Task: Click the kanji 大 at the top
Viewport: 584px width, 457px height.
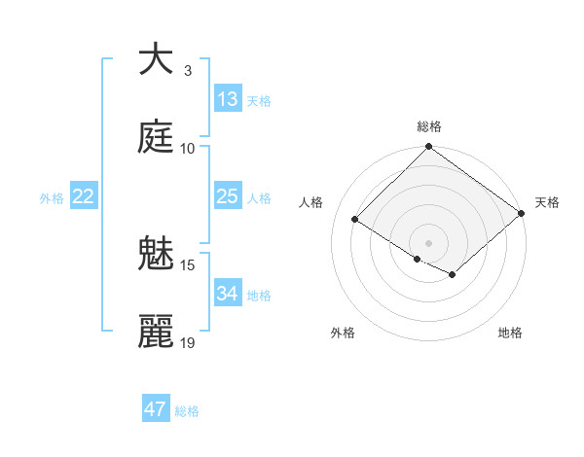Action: pyautogui.click(x=156, y=59)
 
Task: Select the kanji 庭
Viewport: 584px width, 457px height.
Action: pyautogui.click(x=156, y=137)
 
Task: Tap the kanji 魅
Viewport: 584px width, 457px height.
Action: pyautogui.click(x=156, y=254)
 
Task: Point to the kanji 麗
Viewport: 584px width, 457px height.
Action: pyautogui.click(x=156, y=332)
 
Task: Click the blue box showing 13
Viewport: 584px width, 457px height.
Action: pyautogui.click(x=228, y=99)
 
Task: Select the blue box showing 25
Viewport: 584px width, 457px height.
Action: pyautogui.click(x=228, y=196)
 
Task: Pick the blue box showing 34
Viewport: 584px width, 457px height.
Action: pyautogui.click(x=228, y=294)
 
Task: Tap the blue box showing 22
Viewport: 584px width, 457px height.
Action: pyautogui.click(x=84, y=196)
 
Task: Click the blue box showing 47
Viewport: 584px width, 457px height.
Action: pyautogui.click(x=156, y=409)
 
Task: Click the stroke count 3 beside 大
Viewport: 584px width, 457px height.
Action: pyautogui.click(x=188, y=70)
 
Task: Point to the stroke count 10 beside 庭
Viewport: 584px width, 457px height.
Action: pyautogui.click(x=188, y=148)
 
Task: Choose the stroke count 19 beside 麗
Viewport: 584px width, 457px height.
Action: pyautogui.click(x=188, y=342)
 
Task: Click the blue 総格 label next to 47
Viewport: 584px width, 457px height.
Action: pyautogui.click(x=187, y=411)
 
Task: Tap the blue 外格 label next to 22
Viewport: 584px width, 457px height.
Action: pyautogui.click(x=52, y=198)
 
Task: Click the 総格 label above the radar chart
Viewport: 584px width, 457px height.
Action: pyautogui.click(x=429, y=126)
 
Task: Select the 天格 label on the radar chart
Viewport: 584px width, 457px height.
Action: pyautogui.click(x=547, y=202)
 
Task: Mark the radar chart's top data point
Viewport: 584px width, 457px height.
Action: pyautogui.click(x=429, y=148)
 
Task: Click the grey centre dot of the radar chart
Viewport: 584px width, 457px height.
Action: pyautogui.click(x=429, y=242)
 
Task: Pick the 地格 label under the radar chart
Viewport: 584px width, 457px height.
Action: pyautogui.click(x=510, y=333)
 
